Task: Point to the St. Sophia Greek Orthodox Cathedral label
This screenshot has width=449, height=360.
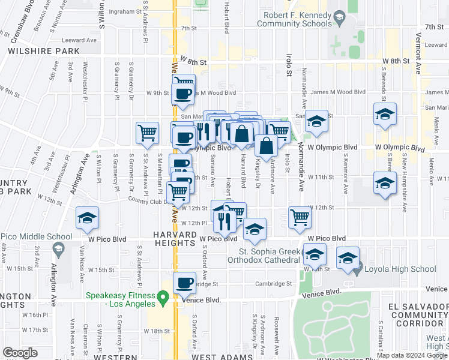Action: point(270,255)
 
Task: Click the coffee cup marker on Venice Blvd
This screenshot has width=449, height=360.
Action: point(184,283)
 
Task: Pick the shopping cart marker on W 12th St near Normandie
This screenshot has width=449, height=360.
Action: point(300,218)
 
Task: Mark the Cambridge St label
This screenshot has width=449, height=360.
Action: point(277,284)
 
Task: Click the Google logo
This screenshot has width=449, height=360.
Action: point(20,353)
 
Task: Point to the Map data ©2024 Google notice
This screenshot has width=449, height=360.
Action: point(411,355)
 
